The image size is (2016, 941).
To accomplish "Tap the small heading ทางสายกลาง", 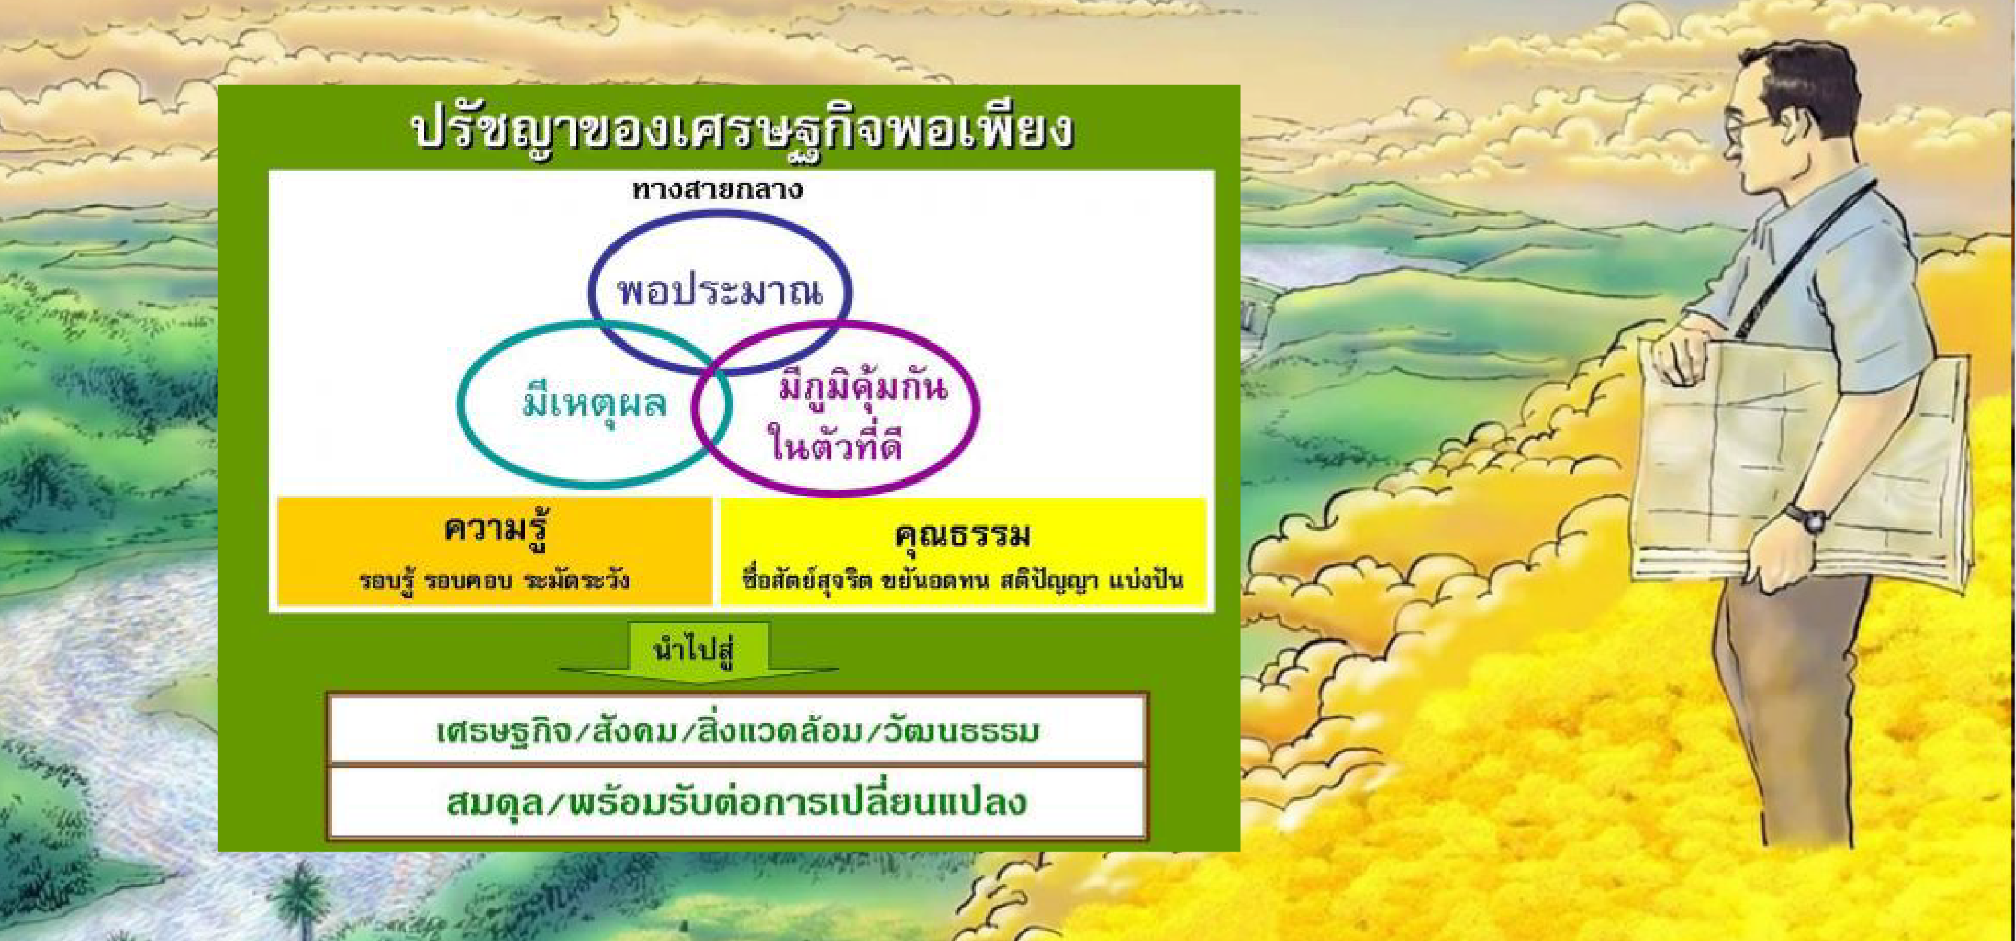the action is point(718,190).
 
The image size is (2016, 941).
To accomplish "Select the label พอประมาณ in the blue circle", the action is point(720,292).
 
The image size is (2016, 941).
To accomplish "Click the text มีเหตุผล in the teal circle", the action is point(594,404).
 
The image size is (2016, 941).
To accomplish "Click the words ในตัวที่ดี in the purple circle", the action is point(837,444).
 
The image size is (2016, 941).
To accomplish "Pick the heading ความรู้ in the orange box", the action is point(495,531).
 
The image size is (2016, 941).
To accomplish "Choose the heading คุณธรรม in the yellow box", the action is point(962,536).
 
